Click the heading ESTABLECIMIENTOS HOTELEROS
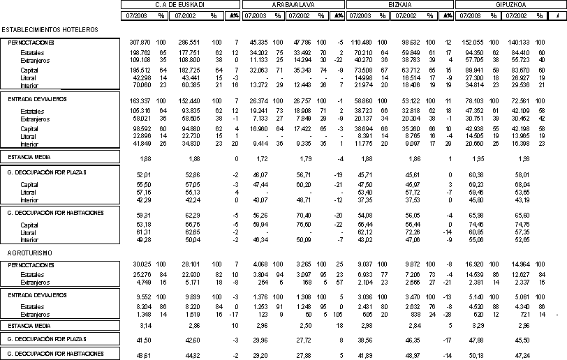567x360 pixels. (x=50, y=29)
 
